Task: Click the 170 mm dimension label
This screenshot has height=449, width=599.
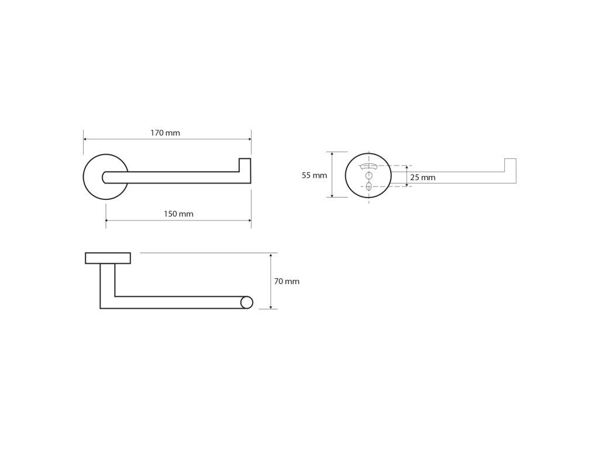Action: pos(165,133)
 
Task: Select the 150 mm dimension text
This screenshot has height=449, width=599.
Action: pos(178,214)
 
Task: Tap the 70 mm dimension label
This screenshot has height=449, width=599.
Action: pos(287,281)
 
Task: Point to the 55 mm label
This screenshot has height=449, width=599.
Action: pos(314,175)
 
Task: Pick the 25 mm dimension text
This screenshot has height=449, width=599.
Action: pos(422,177)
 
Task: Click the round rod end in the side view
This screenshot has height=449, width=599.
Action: pos(247,302)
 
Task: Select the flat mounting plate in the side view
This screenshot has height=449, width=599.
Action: pos(108,258)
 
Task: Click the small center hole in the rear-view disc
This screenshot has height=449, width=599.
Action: pos(369,175)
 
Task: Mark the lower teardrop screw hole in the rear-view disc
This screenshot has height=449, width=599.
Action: pos(369,186)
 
